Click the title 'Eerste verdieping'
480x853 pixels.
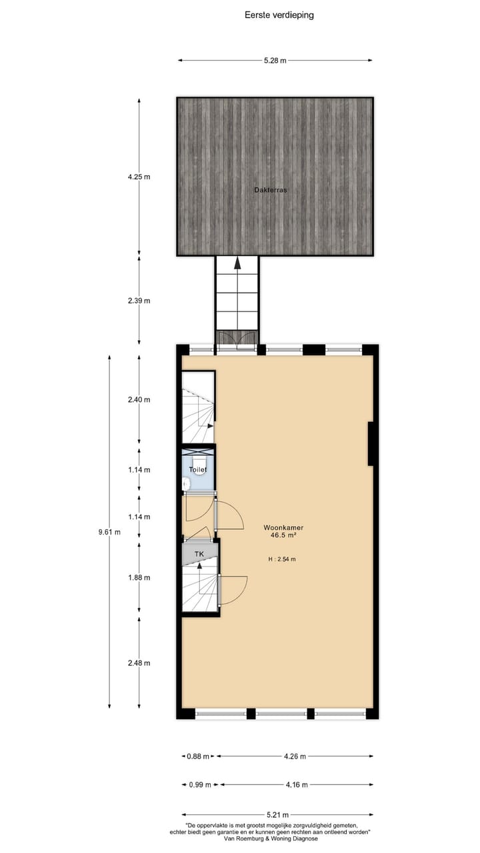279,15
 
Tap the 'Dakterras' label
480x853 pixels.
270,190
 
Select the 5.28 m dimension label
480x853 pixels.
275,61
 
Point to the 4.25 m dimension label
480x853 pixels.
139,177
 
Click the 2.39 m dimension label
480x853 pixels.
139,301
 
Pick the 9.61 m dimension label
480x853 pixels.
109,532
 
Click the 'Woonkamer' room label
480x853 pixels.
283,527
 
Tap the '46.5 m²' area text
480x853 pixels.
283,535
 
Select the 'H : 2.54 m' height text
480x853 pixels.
282,559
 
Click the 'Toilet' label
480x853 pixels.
198,470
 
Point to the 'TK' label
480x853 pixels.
199,554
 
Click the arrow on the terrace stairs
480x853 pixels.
237,263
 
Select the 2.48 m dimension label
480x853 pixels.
139,663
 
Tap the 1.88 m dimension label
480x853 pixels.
139,578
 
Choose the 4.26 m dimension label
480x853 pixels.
295,756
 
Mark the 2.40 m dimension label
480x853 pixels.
139,400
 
